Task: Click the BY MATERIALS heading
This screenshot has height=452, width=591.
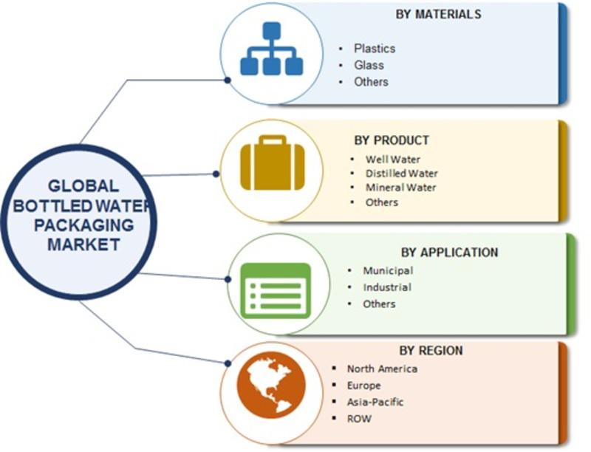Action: [x=438, y=14]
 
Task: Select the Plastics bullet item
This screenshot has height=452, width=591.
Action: [x=375, y=49]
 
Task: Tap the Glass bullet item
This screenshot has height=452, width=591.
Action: [x=369, y=65]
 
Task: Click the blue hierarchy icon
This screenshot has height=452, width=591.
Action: [x=272, y=49]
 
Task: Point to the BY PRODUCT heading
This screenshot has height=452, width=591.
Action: [x=392, y=140]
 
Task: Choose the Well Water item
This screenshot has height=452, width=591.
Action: [x=393, y=160]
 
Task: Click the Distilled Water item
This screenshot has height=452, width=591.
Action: [x=402, y=174]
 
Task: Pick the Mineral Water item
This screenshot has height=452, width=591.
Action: [x=401, y=187]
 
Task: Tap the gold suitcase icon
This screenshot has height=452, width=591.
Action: [x=272, y=162]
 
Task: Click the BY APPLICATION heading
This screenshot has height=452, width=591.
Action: [x=449, y=252]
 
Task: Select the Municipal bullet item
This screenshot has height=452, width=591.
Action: [x=389, y=270]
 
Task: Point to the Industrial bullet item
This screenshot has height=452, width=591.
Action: [x=387, y=287]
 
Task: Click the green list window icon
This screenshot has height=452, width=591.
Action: [x=276, y=290]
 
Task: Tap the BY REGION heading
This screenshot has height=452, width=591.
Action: [x=431, y=350]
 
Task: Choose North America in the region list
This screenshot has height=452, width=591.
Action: [x=382, y=369]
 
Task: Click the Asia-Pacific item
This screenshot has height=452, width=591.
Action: [x=375, y=402]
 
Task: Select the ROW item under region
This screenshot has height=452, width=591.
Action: [x=359, y=419]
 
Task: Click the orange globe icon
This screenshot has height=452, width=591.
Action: [x=271, y=385]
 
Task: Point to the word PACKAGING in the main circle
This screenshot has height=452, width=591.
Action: [x=84, y=225]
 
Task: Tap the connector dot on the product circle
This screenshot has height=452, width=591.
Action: [x=216, y=174]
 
